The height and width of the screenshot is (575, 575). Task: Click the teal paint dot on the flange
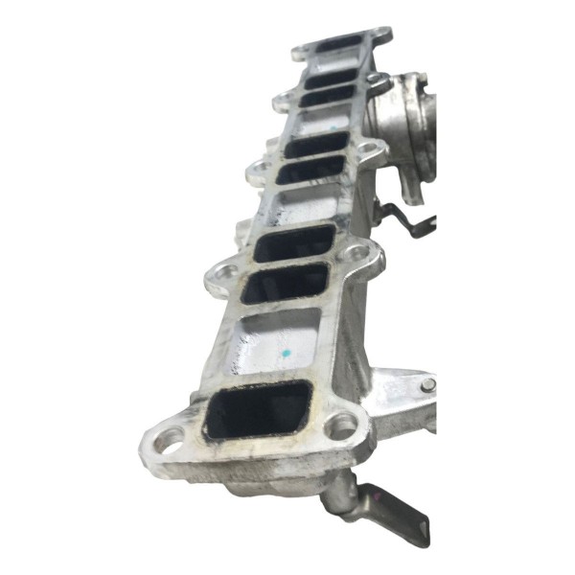pos(286,356)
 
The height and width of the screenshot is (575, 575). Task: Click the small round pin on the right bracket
pos(427,384)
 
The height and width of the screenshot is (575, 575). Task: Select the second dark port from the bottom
pos(285,283)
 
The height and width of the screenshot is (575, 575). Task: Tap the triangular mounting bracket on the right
pos(402,393)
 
